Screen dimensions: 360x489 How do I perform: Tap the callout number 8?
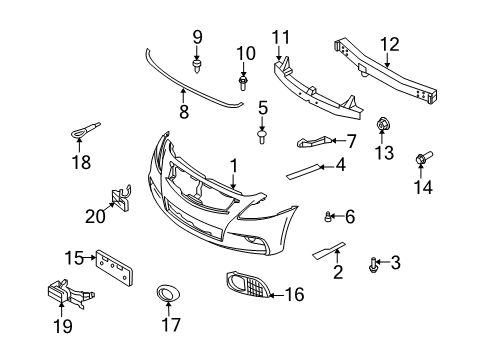[x=182, y=113]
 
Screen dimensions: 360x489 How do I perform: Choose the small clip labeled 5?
[x=263, y=135]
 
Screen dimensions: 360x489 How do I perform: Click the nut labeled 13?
[x=382, y=126]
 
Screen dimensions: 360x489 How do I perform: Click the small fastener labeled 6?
[x=329, y=216]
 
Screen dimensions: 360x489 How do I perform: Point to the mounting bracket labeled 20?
[x=120, y=201]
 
